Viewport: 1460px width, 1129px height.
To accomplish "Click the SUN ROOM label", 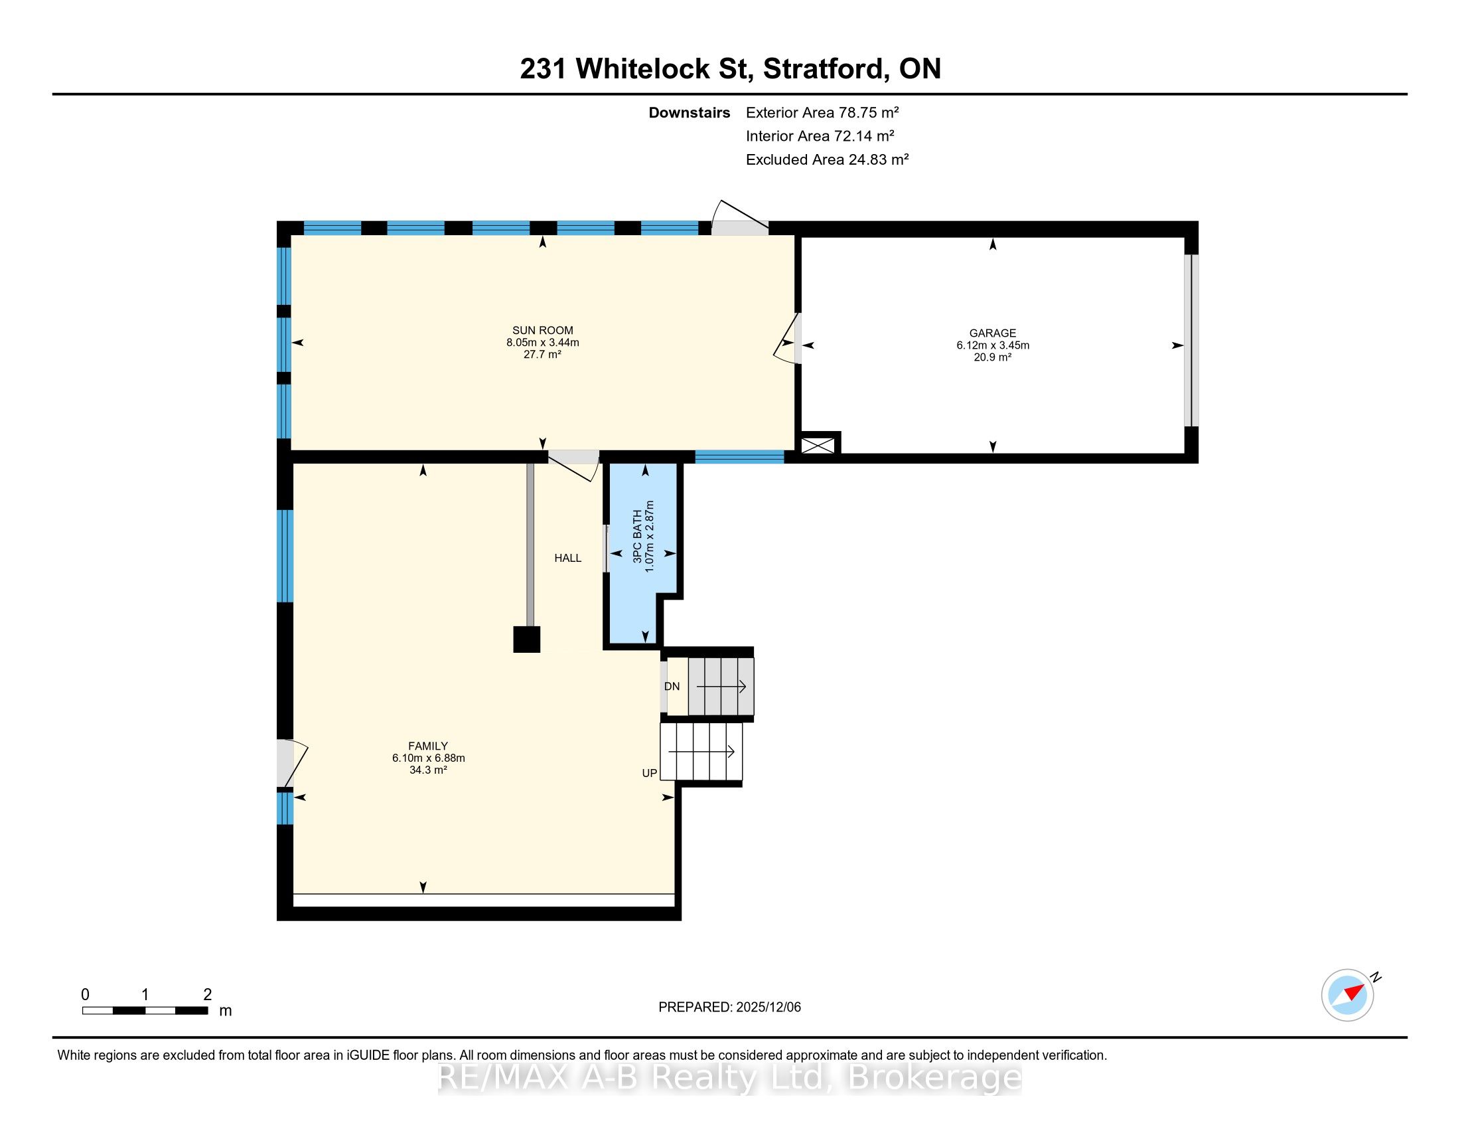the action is [542, 331].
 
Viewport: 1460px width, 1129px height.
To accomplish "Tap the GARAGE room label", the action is [993, 333].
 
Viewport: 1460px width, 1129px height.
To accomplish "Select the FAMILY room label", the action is [428, 746].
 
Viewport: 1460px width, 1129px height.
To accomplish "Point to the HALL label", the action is [567, 558].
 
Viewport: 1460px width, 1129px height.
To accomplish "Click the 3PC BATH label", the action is [637, 536].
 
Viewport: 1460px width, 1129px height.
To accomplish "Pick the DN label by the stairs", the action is [672, 686].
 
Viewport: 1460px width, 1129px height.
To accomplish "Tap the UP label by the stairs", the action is [649, 773].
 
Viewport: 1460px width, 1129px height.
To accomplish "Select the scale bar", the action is [145, 1011].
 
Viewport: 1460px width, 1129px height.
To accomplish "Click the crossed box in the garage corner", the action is [818, 446].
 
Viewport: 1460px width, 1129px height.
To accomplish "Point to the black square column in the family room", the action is [526, 640].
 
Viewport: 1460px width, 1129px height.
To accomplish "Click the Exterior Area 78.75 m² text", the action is [822, 112].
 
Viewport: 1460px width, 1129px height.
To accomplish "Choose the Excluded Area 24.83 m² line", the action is [827, 159].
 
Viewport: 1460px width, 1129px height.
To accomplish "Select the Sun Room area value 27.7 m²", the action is [542, 355].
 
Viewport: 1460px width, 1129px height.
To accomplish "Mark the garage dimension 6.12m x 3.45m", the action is [993, 345].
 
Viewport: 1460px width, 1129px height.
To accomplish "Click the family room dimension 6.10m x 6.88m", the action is [429, 758].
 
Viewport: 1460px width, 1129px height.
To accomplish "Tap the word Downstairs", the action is [690, 112].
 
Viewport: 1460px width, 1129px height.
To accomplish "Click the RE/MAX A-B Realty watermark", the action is [730, 1077].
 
